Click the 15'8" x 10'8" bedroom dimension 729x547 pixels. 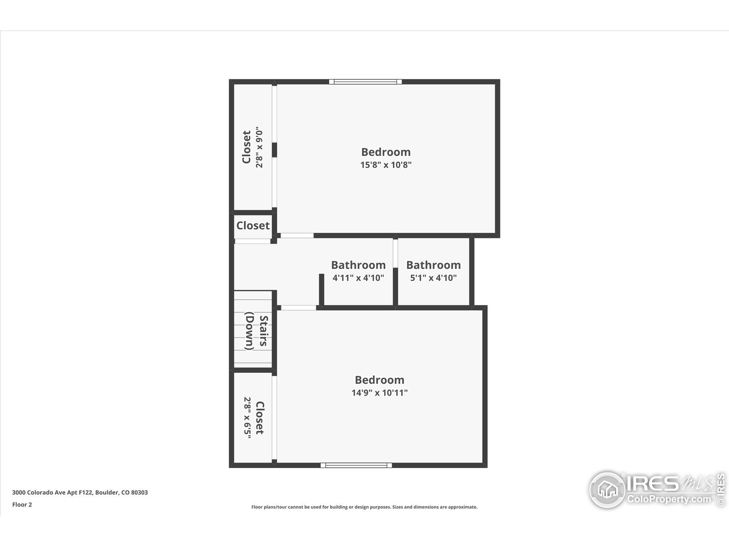tap(386, 165)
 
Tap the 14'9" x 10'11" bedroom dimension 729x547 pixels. tap(379, 393)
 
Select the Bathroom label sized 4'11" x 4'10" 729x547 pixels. tap(358, 265)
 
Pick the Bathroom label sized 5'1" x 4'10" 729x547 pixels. tap(433, 265)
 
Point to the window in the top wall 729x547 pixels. tap(365, 82)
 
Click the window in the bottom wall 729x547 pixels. tap(356, 465)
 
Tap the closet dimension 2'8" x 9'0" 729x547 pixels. tap(259, 147)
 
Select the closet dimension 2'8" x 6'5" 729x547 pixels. tap(247, 417)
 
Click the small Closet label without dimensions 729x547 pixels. tap(253, 226)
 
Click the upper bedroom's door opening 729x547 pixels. tap(297, 235)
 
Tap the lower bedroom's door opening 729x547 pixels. tap(298, 308)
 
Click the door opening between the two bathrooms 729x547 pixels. tap(395, 253)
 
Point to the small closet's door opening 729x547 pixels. tap(252, 241)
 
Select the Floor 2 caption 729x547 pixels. tap(22, 505)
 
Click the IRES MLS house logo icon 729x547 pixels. tap(607, 490)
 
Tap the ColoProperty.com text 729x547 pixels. tap(669, 499)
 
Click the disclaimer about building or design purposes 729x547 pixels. tap(364, 507)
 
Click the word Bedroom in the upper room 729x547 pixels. tap(386, 152)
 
